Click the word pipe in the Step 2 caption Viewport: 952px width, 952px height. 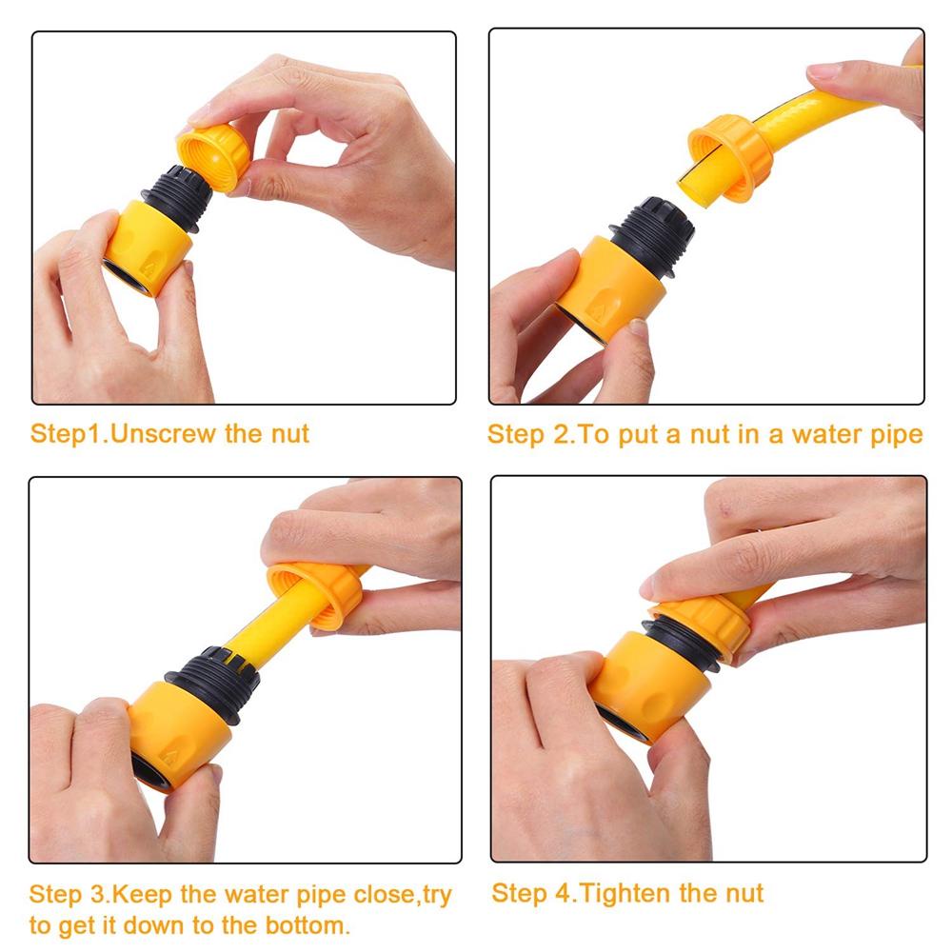[x=895, y=435]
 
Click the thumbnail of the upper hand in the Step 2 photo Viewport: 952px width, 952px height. [x=824, y=71]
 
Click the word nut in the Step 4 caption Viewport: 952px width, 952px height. [x=744, y=893]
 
